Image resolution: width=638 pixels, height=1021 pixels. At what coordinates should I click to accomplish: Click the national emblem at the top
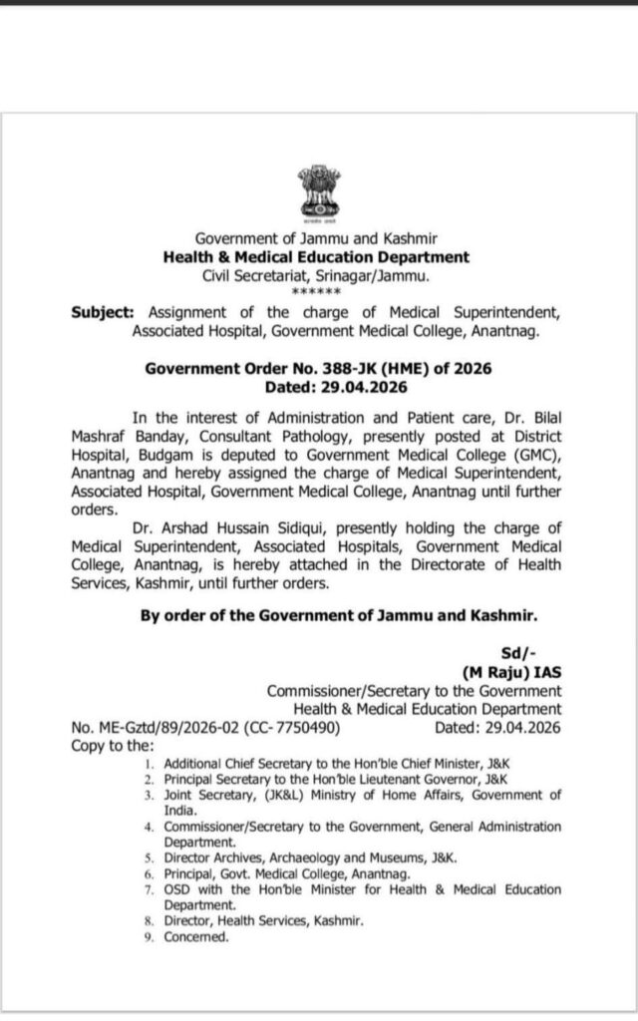coord(316,191)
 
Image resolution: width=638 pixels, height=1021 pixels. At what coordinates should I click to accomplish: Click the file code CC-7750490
coord(294,728)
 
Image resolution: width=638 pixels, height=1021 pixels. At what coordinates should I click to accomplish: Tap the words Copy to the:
coord(114,745)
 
